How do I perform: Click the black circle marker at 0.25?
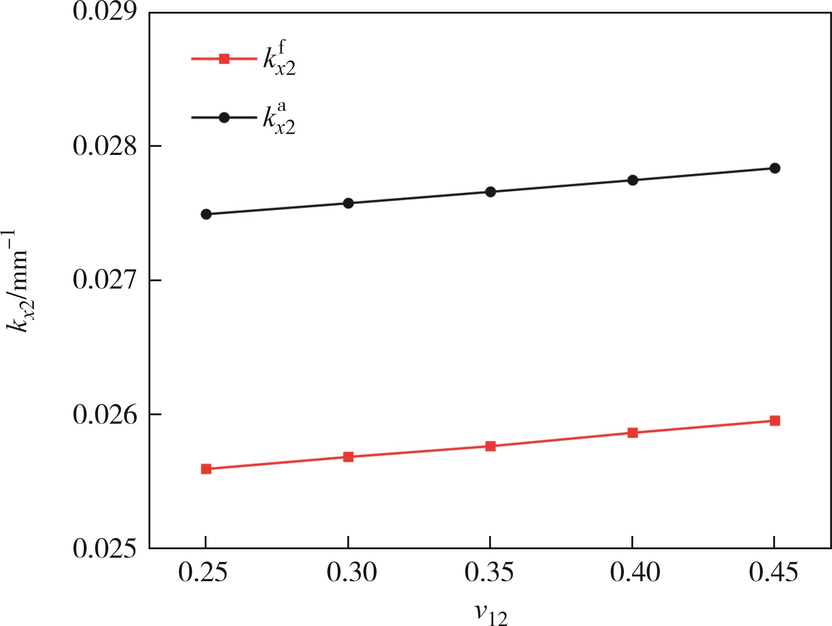(206, 214)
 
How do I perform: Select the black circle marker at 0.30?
(348, 203)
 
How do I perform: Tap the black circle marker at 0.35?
(491, 192)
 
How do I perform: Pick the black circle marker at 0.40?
(633, 180)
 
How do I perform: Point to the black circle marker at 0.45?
(775, 168)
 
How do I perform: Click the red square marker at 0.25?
(206, 469)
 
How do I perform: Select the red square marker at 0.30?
(348, 457)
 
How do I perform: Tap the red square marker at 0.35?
(491, 446)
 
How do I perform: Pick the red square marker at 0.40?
(633, 433)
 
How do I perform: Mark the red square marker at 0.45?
(775, 420)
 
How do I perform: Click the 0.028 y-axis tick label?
(104, 146)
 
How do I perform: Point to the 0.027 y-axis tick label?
(104, 280)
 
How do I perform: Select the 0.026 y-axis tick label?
(104, 415)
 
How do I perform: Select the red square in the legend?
(224, 59)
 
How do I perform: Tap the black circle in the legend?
(224, 117)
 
